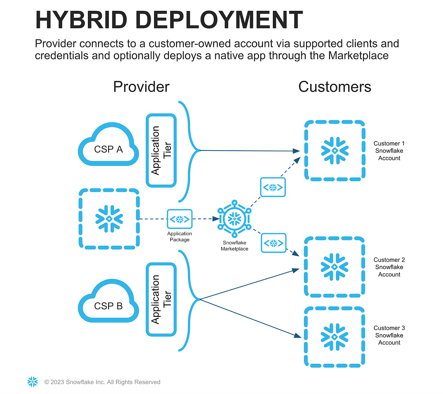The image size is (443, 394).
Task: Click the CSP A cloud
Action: pos(108,146)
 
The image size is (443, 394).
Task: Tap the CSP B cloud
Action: pos(108,303)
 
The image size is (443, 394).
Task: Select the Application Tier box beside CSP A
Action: pos(161,150)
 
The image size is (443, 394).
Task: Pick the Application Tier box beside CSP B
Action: pos(161,299)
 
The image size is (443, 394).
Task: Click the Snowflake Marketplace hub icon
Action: pos(234,219)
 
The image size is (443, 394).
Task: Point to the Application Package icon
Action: pos(180,219)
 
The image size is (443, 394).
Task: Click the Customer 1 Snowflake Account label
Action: pos(389,151)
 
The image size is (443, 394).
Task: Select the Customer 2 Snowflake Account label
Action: pos(389,267)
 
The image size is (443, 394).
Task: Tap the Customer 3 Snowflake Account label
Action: pos(389,335)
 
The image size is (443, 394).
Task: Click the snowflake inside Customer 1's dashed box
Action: pos(335,151)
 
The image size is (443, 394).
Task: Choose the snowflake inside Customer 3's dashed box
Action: pos(334,337)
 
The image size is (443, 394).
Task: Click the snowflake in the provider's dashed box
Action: pos(109,219)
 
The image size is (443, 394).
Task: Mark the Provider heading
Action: pos(141,87)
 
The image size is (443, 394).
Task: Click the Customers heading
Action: pos(334,87)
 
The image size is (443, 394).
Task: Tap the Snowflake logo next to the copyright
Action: pos(33,382)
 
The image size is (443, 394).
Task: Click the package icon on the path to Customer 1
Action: pos(273,187)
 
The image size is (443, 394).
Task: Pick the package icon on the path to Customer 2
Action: pos(274,243)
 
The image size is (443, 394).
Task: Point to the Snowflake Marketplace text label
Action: pos(234,246)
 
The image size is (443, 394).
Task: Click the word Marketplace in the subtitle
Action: pos(358,56)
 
